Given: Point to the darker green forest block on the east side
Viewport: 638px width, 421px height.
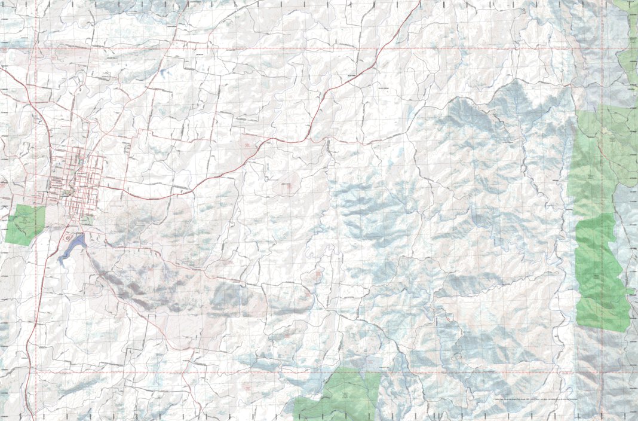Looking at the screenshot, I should [x=600, y=272].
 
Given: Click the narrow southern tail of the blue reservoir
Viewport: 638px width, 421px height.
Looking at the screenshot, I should [x=62, y=261].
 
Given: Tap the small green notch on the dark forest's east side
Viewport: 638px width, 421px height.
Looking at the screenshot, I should [x=631, y=291].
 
